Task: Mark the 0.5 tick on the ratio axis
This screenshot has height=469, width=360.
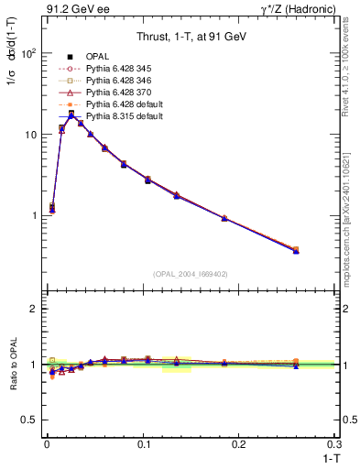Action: pos(29,420)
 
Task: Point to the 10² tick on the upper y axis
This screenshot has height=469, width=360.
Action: pos(27,53)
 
